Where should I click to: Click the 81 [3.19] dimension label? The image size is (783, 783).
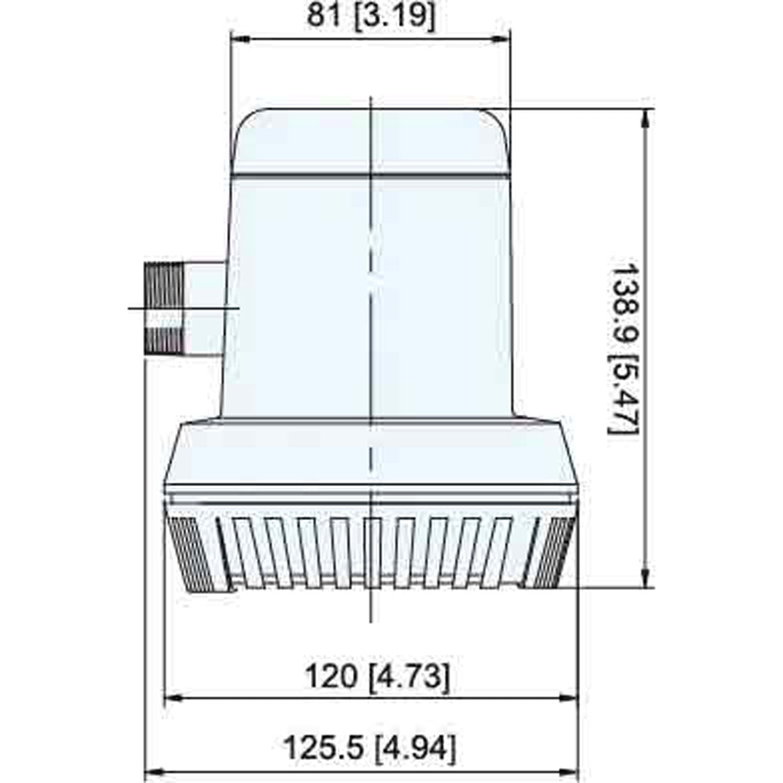(370, 16)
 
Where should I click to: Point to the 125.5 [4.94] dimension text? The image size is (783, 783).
(370, 748)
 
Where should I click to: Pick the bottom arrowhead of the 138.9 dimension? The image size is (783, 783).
(645, 578)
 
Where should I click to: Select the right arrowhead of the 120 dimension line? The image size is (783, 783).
(570, 699)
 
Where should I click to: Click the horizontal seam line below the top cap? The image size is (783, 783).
(370, 176)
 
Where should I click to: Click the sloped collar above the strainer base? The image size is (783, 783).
(370, 453)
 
